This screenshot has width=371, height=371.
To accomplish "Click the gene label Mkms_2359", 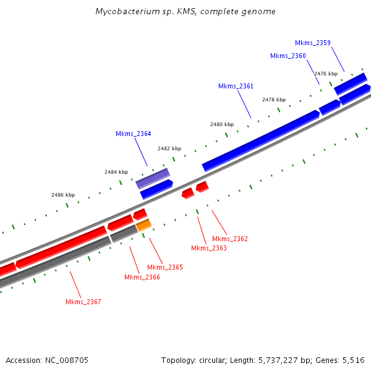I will pyautogui.click(x=312, y=43).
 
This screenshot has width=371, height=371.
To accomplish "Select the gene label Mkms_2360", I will pyautogui.click(x=288, y=56).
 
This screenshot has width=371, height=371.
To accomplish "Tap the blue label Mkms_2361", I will pyautogui.click(x=236, y=86).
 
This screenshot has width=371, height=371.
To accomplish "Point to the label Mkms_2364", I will pyautogui.click(x=133, y=134).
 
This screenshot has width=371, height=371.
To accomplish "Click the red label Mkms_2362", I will pyautogui.click(x=229, y=239).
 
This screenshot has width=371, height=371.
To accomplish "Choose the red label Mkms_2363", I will pyautogui.click(x=208, y=248).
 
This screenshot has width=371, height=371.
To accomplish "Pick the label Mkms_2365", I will pyautogui.click(x=164, y=267).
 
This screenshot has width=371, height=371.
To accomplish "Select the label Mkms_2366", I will pyautogui.click(x=142, y=277).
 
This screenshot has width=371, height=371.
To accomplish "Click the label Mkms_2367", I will pyautogui.click(x=83, y=302).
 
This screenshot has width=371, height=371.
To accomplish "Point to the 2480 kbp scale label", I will pyautogui.click(x=222, y=124).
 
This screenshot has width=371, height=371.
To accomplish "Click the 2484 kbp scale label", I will pyautogui.click(x=116, y=172).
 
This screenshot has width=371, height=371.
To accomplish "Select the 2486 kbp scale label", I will pyautogui.click(x=63, y=195).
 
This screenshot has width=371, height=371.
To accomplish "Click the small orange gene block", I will pyautogui.click(x=143, y=225).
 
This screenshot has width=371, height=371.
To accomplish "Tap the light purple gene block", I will pyautogui.click(x=153, y=178).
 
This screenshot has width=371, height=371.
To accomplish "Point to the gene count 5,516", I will pyautogui.click(x=353, y=360).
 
